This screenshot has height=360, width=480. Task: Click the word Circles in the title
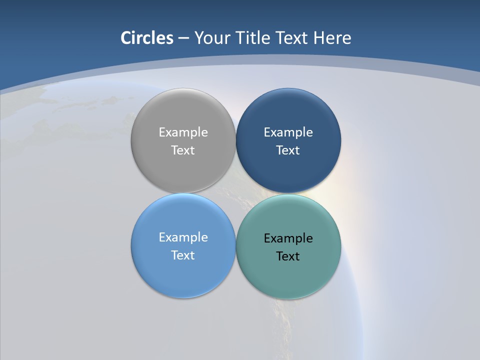[x=146, y=38]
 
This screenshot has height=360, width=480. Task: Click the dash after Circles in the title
[x=183, y=38]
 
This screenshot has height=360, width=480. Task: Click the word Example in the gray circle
[x=183, y=132]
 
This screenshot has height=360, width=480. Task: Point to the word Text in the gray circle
[x=183, y=150]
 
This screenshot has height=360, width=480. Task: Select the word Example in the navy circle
[x=288, y=132]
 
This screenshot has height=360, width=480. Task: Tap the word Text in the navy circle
[x=288, y=150]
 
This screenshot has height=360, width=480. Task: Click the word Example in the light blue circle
[x=183, y=237]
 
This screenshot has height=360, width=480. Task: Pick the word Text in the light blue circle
[x=183, y=255]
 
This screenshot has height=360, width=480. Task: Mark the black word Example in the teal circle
[x=288, y=238]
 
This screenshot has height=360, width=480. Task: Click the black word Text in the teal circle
[x=288, y=256]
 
